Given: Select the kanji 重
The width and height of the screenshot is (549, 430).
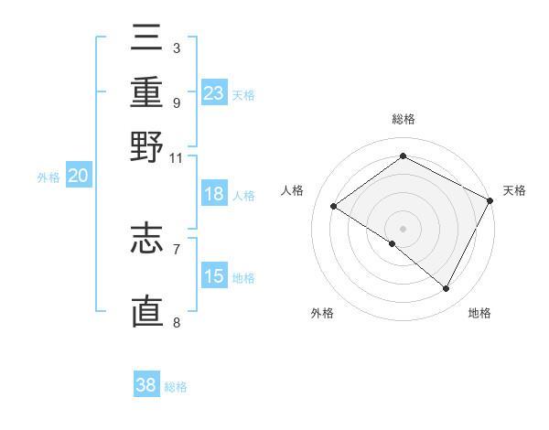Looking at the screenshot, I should [146, 94].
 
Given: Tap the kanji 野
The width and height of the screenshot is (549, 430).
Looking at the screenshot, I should [146, 147].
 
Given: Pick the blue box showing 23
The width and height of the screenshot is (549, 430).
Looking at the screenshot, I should [214, 93].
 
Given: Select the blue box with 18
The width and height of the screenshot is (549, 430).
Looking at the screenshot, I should [214, 195].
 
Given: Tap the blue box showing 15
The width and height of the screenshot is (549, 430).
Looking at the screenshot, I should [214, 277].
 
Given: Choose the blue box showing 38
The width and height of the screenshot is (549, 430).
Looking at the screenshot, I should [146, 385].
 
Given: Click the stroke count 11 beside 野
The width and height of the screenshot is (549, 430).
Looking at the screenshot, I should [176, 156].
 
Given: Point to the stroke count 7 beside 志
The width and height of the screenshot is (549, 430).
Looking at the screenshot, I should [176, 248].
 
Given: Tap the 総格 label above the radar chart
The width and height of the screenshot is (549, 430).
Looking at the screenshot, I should [403, 119].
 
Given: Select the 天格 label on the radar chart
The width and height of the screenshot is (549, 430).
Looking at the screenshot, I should [514, 190].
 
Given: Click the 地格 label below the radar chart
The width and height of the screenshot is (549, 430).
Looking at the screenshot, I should [479, 313].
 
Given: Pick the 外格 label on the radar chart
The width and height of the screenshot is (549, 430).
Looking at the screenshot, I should [322, 313].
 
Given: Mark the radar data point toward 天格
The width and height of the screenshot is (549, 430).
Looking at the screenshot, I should [490, 200].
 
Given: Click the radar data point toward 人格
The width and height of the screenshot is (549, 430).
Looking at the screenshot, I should [333, 206].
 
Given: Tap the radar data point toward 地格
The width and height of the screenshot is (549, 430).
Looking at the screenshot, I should [447, 289].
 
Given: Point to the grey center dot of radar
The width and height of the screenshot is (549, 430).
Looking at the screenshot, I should [403, 228].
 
